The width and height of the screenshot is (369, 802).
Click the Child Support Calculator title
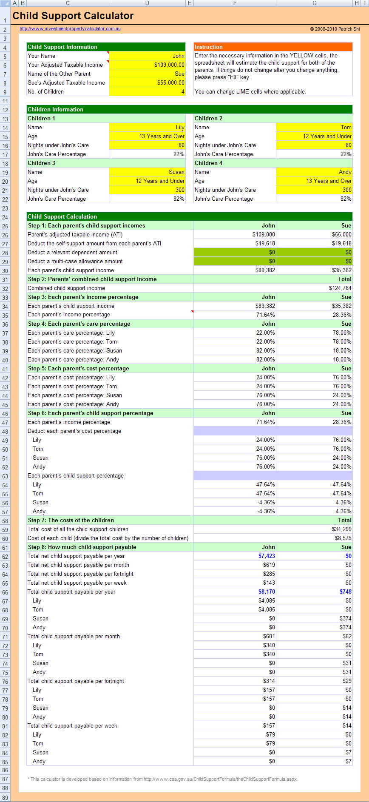click(x=73, y=16)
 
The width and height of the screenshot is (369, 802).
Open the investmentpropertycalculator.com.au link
click(x=70, y=29)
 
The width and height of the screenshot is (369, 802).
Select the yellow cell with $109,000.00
click(x=147, y=65)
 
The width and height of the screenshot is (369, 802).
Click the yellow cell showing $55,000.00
click(x=147, y=83)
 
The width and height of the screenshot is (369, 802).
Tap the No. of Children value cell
click(x=147, y=92)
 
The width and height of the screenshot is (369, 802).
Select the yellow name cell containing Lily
click(x=147, y=128)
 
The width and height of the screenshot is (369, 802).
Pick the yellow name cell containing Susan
click(x=147, y=172)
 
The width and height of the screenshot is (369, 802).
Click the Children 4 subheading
click(x=209, y=163)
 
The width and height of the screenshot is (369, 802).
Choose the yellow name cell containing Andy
click(x=314, y=172)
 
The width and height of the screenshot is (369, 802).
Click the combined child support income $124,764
click(x=340, y=288)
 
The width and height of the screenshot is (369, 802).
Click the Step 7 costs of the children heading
click(x=71, y=520)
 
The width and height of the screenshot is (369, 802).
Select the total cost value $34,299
click(x=341, y=529)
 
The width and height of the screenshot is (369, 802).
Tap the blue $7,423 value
click(x=267, y=556)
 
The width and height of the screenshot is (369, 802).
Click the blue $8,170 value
click(x=267, y=592)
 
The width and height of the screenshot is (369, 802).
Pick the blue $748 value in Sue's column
click(x=345, y=592)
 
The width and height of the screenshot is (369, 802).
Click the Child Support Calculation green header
click(x=62, y=217)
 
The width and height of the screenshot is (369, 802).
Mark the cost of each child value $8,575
click(x=343, y=538)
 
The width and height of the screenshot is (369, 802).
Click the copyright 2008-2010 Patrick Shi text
click(x=335, y=29)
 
